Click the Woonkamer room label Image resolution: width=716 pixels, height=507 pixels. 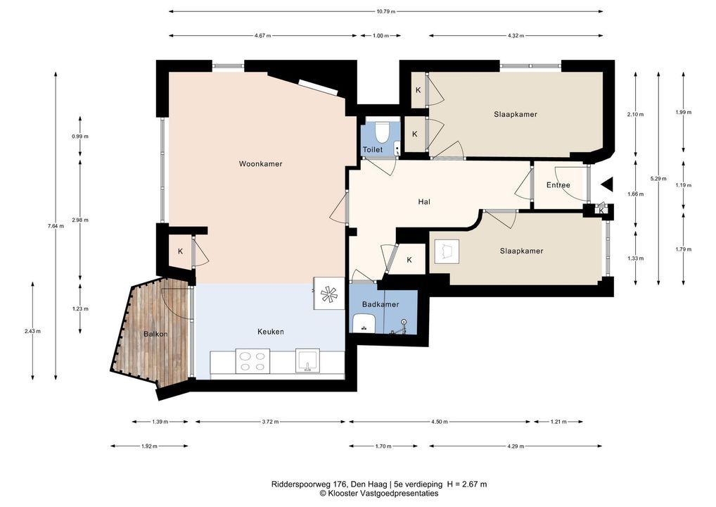[x=260, y=163]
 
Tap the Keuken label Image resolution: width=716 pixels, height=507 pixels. [x=270, y=332]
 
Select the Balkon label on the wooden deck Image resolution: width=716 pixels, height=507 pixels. [x=155, y=334]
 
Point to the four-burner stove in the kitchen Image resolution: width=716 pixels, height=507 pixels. [x=252, y=361]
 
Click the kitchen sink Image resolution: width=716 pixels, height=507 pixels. [x=308, y=361]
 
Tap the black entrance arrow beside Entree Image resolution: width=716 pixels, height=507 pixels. [x=607, y=184]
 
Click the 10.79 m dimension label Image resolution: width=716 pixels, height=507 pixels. [x=386, y=11]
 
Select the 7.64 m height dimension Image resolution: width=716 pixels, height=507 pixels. [x=56, y=226]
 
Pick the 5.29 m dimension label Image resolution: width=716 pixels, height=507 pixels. [x=658, y=179]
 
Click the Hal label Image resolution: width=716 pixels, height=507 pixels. [x=424, y=201]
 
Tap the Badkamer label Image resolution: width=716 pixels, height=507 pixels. [x=381, y=304]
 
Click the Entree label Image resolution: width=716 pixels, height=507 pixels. [x=558, y=185]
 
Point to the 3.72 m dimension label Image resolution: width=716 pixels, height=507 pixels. [x=270, y=422]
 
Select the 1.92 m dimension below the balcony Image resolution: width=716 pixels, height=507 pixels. [x=149, y=446]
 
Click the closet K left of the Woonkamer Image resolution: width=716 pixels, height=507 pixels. [x=180, y=251]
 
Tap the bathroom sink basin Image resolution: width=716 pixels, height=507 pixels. [x=364, y=323]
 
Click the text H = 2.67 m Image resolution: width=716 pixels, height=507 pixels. [x=467, y=484]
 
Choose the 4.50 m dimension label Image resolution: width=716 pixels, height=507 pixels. [x=440, y=422]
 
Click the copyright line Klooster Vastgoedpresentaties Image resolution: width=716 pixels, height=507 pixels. [x=379, y=494]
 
